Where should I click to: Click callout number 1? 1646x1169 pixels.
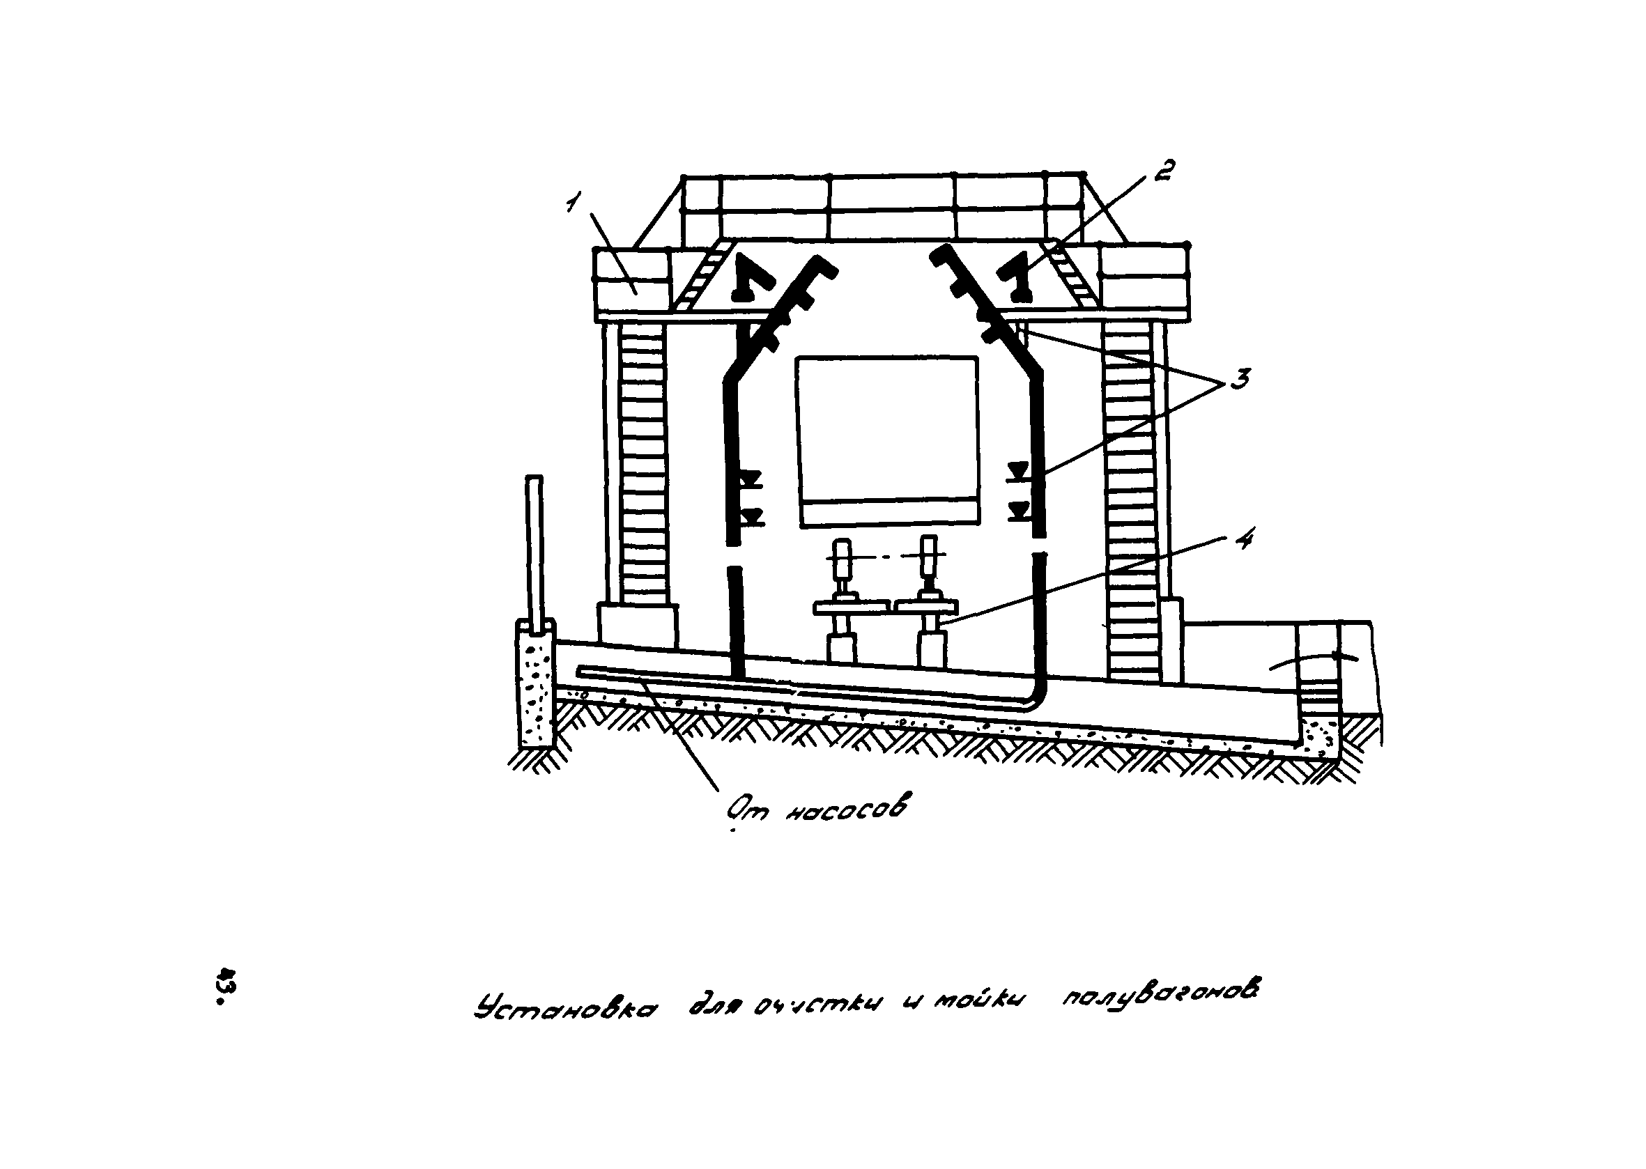tap(572, 203)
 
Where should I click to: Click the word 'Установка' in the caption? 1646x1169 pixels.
tap(565, 1008)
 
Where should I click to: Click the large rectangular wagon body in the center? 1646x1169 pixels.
tap(887, 439)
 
